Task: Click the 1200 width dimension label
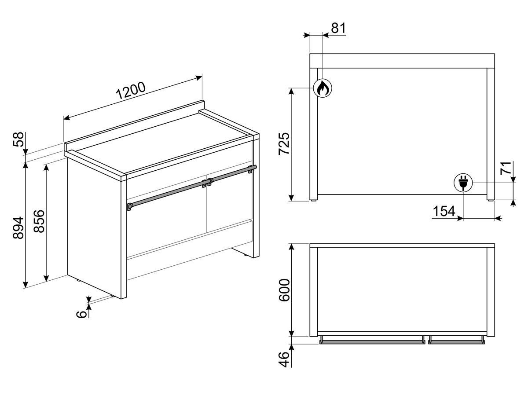(131, 90)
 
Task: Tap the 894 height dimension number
(18, 227)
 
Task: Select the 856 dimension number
(39, 221)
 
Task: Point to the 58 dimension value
(18, 139)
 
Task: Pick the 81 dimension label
(338, 28)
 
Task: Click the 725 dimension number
(284, 143)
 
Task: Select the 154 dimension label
(444, 211)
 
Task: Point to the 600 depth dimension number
(285, 290)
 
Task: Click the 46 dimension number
(284, 359)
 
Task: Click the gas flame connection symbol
(323, 88)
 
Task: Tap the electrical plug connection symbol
(463, 183)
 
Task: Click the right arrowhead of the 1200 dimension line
(199, 77)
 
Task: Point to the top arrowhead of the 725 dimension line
(291, 92)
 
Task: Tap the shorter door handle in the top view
(456, 341)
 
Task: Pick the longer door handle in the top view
(372, 341)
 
